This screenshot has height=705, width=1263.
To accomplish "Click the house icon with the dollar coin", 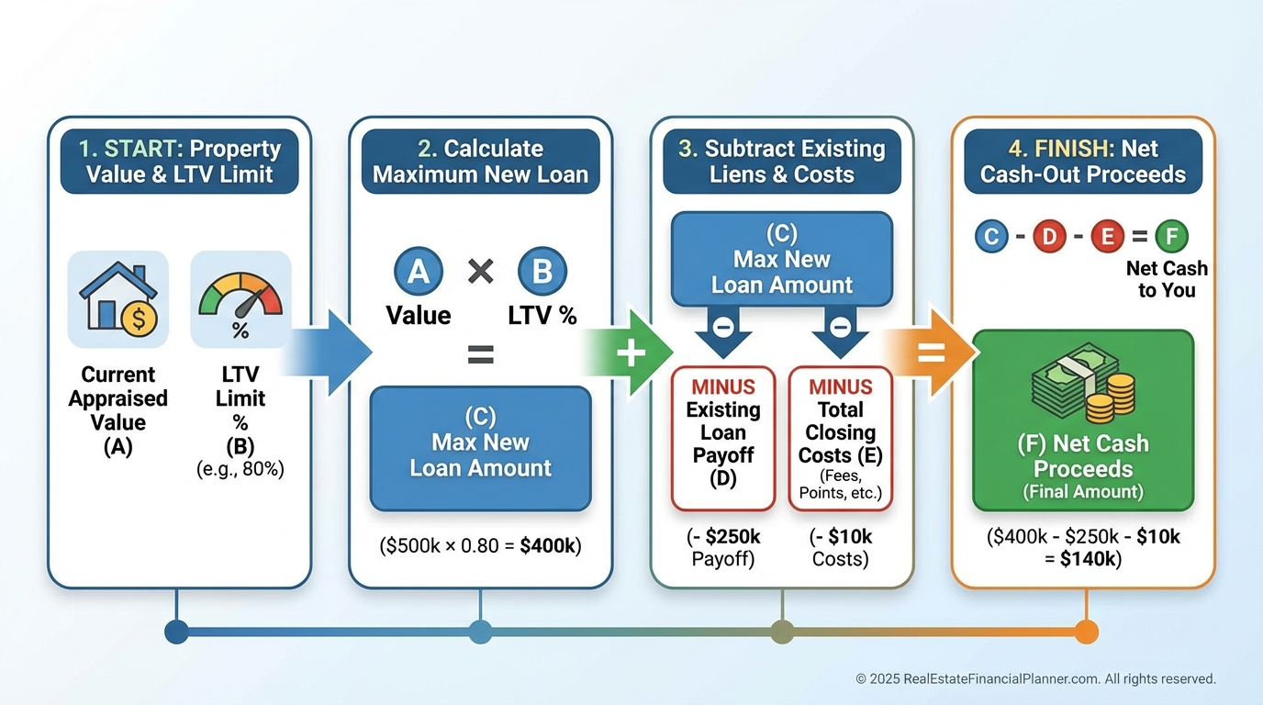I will tap(118, 299).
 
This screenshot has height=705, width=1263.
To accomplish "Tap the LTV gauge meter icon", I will tap(240, 299).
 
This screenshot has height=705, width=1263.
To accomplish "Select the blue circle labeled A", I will tap(419, 272).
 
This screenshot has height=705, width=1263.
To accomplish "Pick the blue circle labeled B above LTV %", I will tap(542, 272).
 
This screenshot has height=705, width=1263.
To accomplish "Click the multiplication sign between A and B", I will tap(480, 272).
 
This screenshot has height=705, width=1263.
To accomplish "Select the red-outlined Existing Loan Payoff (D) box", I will tap(723, 438).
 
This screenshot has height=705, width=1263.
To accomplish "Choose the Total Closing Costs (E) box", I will tap(840, 438).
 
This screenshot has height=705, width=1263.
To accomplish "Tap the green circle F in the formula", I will tap(1171, 237).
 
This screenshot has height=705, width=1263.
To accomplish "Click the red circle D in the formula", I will tap(1048, 237).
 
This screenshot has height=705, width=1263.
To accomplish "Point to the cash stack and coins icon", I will tap(1083, 382).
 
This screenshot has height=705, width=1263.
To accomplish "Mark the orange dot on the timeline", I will tap(1086, 632).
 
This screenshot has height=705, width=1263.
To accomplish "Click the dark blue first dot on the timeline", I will tap(176, 632).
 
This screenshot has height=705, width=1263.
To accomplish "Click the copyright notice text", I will tap(1035, 679).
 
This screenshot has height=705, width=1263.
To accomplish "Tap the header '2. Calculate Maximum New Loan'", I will tap(480, 162).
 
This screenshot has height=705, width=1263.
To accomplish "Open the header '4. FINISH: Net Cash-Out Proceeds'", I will tap(1083, 162).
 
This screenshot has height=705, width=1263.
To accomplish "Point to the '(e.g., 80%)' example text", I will tap(240, 469).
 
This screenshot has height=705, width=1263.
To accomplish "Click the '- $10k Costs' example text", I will tap(840, 547).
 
